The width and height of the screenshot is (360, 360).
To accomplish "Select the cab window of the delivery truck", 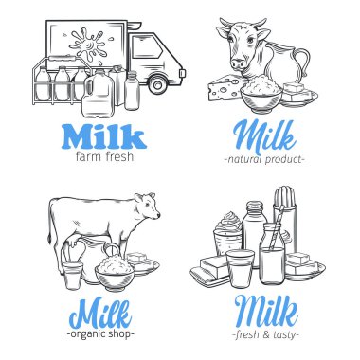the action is (x=147, y=46).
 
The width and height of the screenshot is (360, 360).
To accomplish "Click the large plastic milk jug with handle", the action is (x=98, y=93).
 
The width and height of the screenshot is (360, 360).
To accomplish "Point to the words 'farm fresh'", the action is (x=104, y=156).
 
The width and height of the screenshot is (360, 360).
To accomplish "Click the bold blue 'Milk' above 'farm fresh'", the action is (x=104, y=136).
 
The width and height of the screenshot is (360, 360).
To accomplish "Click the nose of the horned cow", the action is (x=239, y=64).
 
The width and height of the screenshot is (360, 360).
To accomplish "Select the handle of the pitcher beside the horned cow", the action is (x=303, y=63).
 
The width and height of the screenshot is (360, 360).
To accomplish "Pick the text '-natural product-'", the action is (x=264, y=159).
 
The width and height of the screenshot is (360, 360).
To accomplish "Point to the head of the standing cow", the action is (x=148, y=206).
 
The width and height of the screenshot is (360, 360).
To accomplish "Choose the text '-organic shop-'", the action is (x=100, y=333).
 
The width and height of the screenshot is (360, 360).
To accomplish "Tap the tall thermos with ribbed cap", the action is (x=285, y=219).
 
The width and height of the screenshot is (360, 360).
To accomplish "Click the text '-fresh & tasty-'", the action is (x=265, y=334).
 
